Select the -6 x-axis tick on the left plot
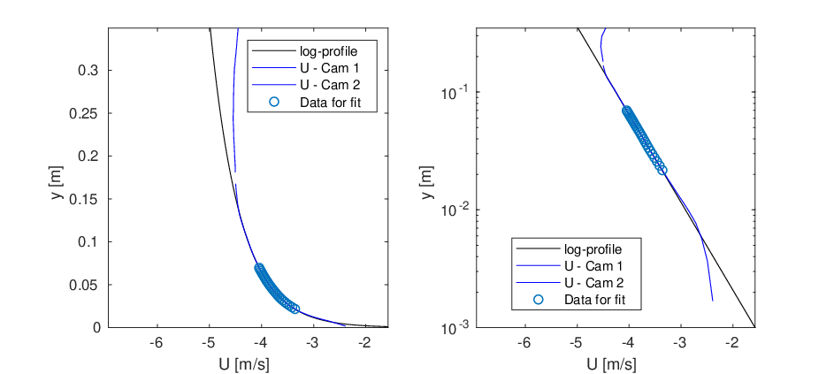[156, 342]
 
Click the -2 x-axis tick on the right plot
[732, 342]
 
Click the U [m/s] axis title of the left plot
[248, 364]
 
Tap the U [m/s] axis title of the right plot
[616, 364]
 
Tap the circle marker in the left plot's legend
[274, 103]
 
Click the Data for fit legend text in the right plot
[595, 300]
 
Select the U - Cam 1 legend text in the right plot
[594, 265]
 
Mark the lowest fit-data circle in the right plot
[662, 171]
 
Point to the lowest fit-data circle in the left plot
[295, 309]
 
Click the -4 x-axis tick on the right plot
[628, 342]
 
